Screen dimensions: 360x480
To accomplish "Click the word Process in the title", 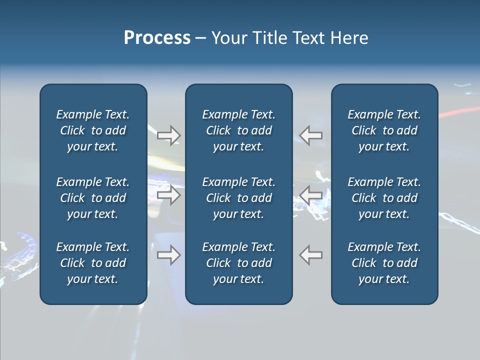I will point(157,38).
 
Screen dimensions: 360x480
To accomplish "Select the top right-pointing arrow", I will point(169,135).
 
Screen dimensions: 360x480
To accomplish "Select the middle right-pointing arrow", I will point(169,195).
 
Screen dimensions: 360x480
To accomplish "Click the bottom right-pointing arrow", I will point(169,255).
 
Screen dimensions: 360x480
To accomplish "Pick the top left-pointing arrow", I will point(311,135).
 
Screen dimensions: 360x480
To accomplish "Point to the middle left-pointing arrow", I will point(311,195).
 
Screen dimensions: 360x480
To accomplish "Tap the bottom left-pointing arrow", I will point(311,255).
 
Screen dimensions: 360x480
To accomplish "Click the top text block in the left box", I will point(93,130).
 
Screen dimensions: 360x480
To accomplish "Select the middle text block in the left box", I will point(93,198).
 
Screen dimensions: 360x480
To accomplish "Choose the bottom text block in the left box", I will point(93,263).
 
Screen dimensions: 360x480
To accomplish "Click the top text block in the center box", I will point(238,130).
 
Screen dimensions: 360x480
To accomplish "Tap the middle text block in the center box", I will point(238,198).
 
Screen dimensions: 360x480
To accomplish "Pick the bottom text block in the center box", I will point(238,263).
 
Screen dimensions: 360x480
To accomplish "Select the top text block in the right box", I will point(384,130).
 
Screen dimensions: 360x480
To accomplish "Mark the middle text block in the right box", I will point(384,198).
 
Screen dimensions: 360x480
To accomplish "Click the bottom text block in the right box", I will point(384,263).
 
